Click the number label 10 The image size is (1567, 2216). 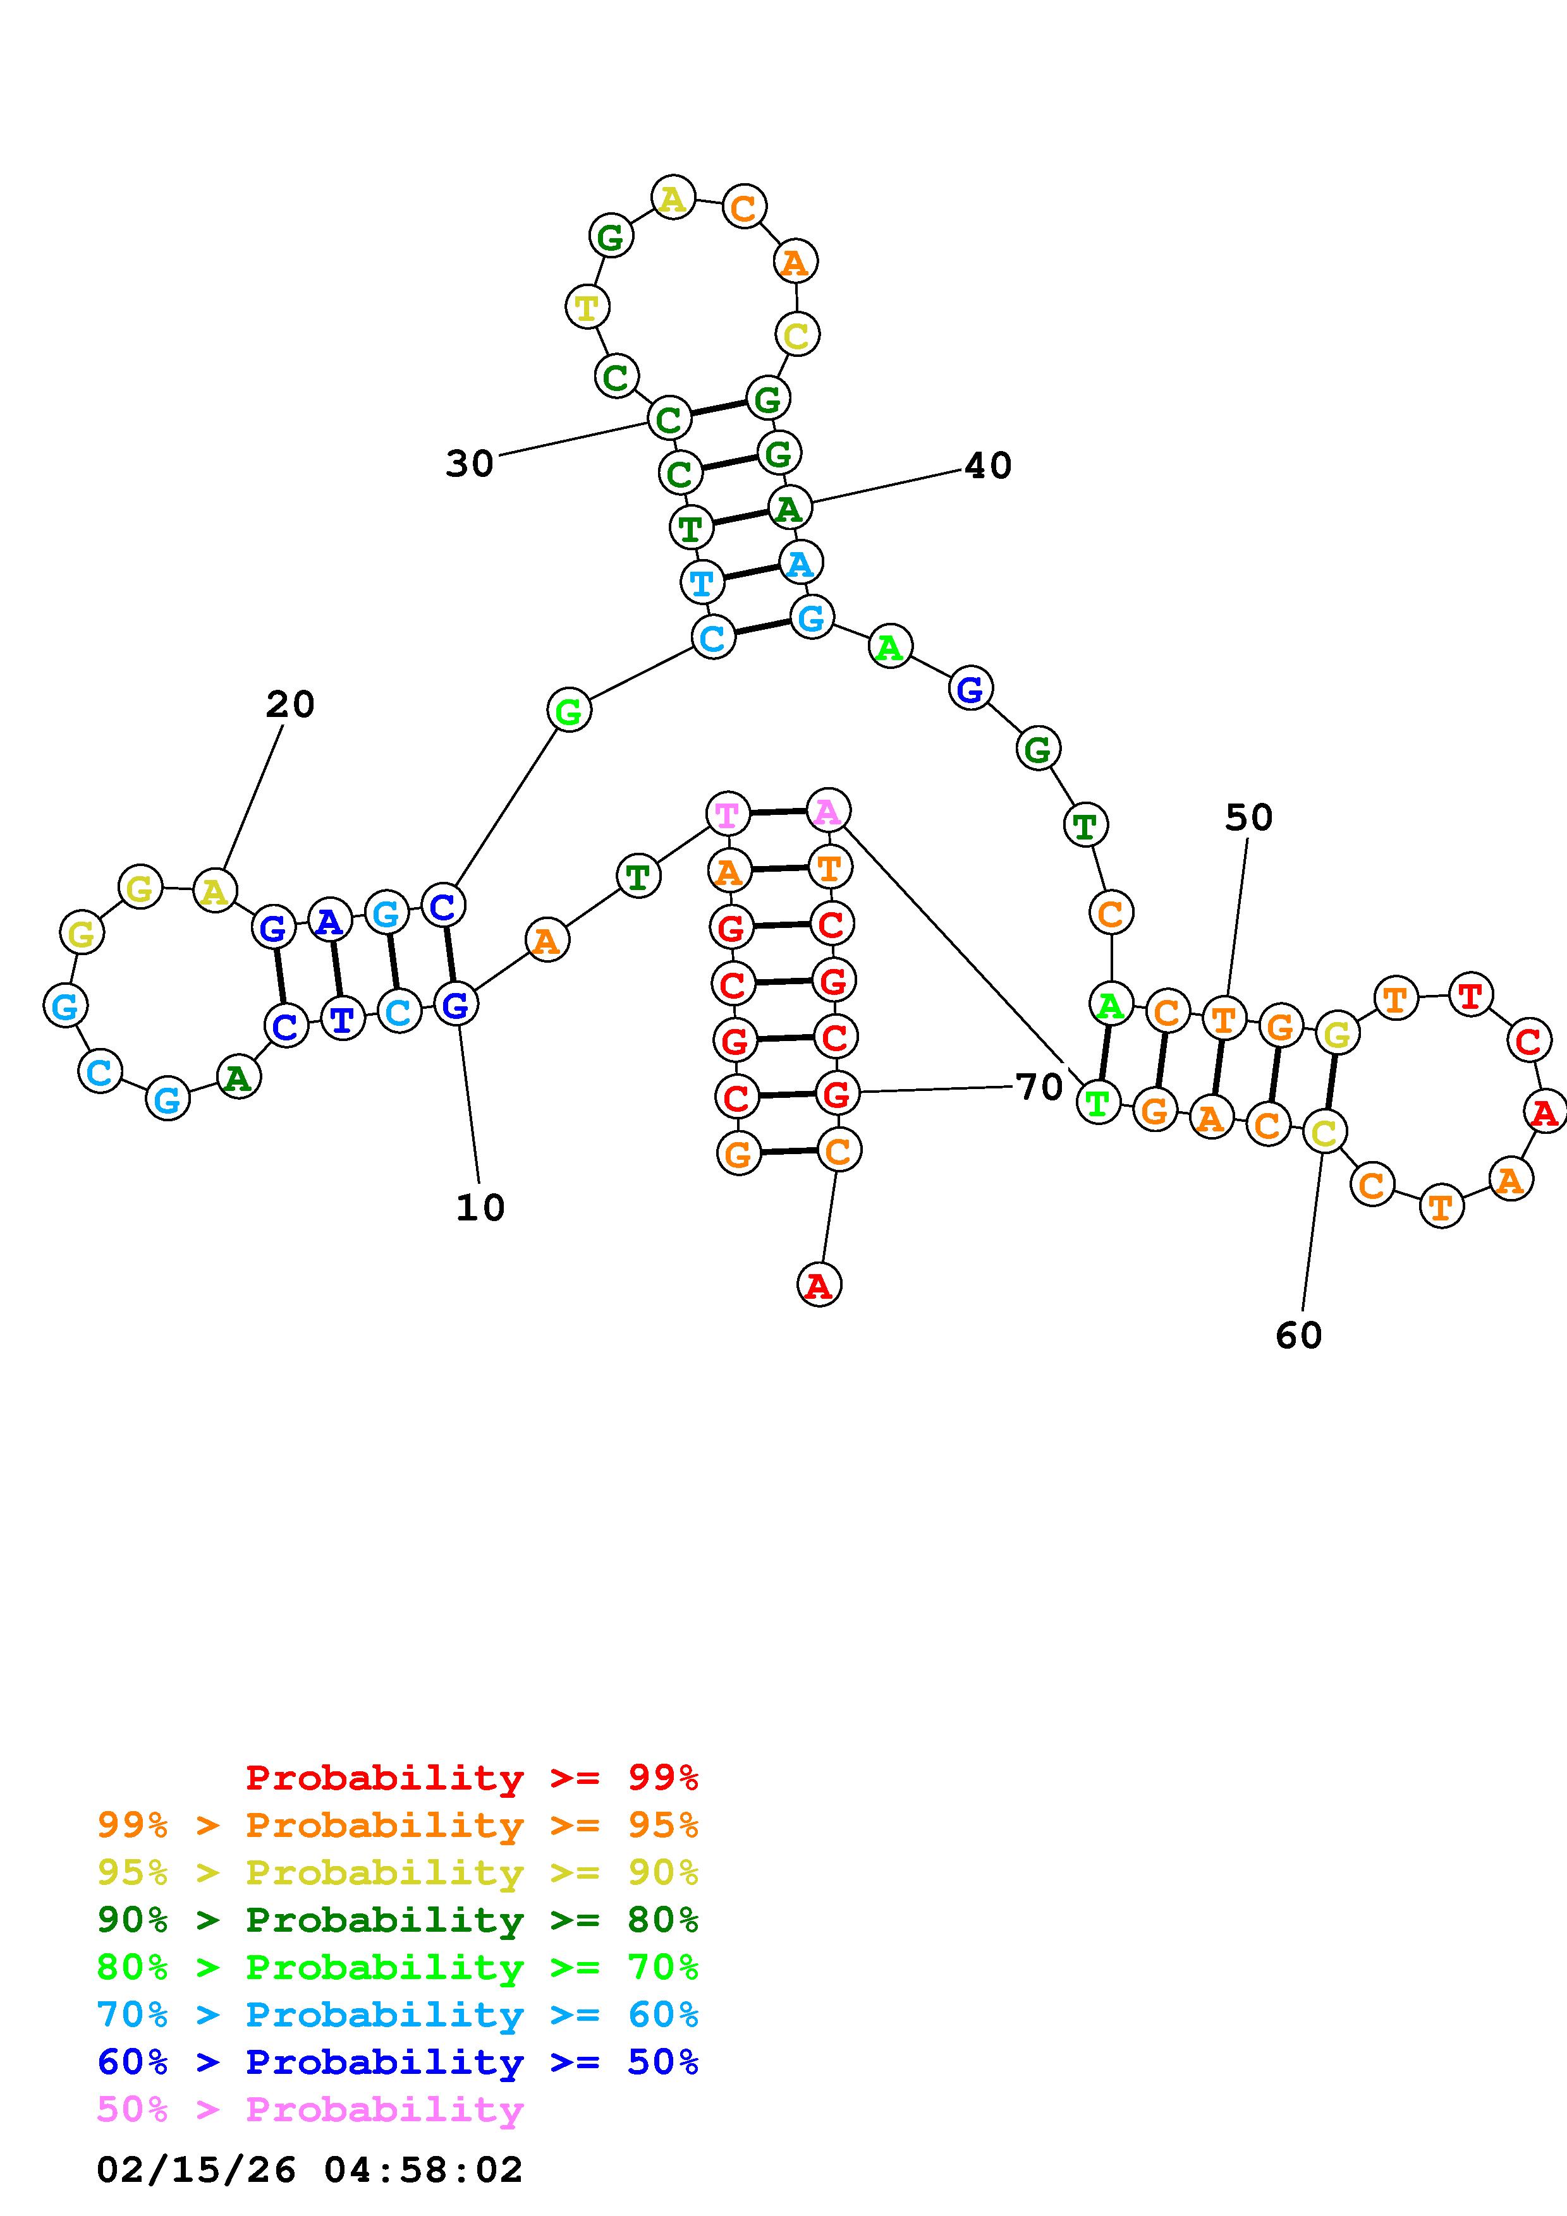(x=480, y=1207)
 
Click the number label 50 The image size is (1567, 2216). (x=1248, y=817)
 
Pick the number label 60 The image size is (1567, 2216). (x=1298, y=1336)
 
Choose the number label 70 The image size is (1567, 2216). (x=1039, y=1088)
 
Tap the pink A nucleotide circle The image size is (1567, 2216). (x=827, y=810)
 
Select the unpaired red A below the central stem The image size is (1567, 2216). (x=819, y=1285)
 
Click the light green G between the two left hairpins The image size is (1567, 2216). (x=569, y=711)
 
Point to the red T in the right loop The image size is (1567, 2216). (x=1470, y=994)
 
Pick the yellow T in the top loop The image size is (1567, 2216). (x=586, y=307)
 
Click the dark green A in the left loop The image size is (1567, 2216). (x=238, y=1076)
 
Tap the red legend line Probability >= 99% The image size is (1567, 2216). (x=472, y=1777)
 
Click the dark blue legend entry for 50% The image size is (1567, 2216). (x=398, y=2062)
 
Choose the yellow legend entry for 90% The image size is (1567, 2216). (x=398, y=1872)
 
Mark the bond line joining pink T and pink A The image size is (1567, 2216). (x=777, y=812)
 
